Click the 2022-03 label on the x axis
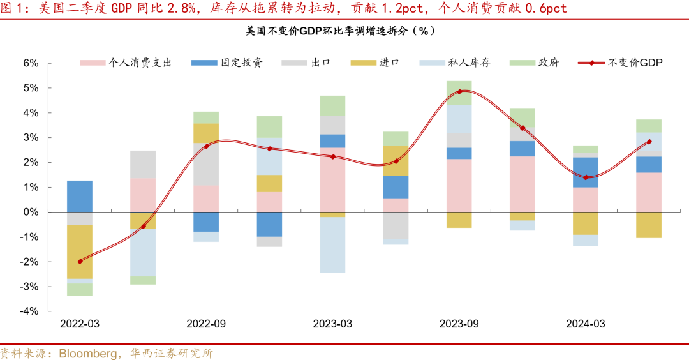80,324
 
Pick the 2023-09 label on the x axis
459,324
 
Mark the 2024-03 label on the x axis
585,324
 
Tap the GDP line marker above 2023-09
459,91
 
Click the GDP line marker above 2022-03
80,261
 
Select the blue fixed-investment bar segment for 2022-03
80,196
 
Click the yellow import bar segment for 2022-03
80,251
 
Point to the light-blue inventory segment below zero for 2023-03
332,245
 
